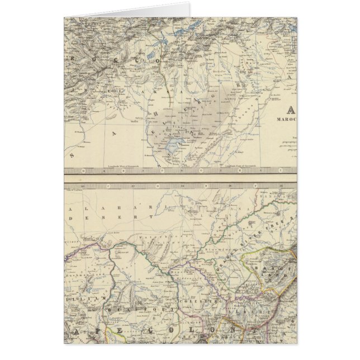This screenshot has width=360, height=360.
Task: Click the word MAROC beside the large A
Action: pos(286,119)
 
